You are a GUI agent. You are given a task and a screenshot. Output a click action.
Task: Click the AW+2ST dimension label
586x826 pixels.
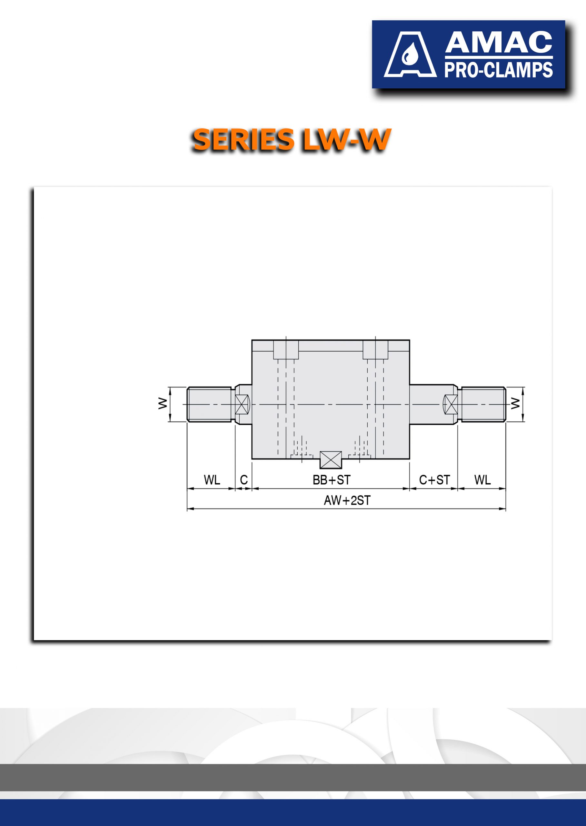347,500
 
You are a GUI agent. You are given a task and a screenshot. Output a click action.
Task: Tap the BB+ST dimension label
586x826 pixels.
332,480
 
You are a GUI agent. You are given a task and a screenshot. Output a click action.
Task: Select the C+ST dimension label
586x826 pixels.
434,480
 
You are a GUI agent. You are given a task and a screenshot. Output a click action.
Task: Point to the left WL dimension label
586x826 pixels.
212,480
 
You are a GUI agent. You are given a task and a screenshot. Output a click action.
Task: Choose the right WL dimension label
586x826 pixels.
482,480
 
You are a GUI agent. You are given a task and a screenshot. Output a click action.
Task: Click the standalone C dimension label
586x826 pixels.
244,480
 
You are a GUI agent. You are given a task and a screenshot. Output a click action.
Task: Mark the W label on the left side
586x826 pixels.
163,403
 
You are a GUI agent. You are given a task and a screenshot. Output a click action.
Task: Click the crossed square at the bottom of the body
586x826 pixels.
331,460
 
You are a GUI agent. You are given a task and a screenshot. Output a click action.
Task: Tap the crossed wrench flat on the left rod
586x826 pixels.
242,404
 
